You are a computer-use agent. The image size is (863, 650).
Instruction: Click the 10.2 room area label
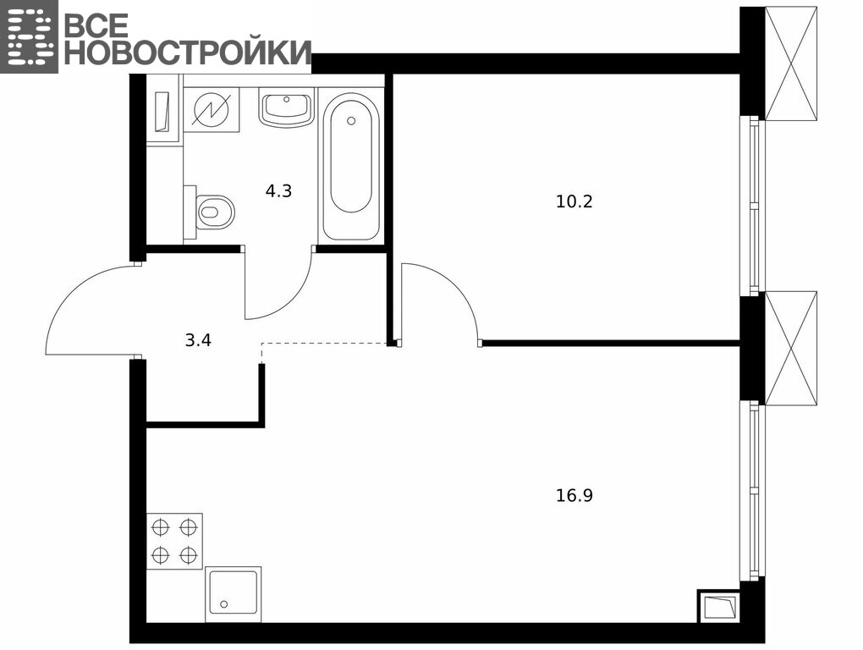coord(574,201)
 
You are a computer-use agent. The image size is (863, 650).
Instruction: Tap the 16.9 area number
coord(574,496)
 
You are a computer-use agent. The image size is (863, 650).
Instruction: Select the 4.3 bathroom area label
coord(278,191)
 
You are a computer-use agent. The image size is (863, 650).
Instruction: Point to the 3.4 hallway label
coord(198,340)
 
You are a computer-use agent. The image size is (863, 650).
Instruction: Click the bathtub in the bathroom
coord(351,167)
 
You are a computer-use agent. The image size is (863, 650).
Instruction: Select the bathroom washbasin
coord(286,107)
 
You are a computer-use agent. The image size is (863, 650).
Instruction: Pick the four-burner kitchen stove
coord(174,541)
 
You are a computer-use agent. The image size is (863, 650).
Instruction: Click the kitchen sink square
coord(234,594)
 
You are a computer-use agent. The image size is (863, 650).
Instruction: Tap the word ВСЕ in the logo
coord(96,25)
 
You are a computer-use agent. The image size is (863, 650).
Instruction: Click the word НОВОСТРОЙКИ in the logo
coord(188,52)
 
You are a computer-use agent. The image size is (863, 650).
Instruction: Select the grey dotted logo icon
coord(29,36)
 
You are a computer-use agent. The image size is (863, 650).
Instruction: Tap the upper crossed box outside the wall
coord(791,63)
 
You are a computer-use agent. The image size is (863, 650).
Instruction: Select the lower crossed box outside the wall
coord(791,349)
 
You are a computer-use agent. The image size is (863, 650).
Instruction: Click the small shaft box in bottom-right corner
coord(719,607)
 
